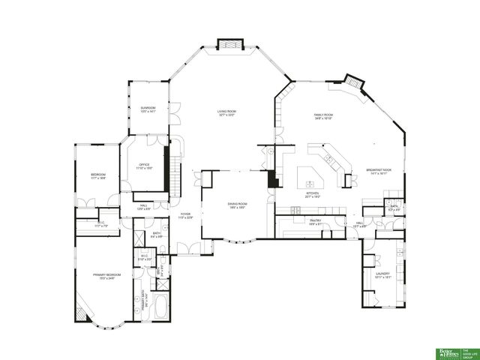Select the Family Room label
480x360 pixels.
(322, 115)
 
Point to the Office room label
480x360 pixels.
(145, 166)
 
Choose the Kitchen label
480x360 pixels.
(312, 194)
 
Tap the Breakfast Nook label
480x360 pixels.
(376, 171)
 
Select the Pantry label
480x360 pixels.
(315, 221)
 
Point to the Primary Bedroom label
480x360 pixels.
(103, 276)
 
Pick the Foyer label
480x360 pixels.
(184, 216)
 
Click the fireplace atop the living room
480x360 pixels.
(229, 44)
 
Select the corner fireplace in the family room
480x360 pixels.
(354, 82)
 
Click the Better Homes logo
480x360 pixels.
(445, 352)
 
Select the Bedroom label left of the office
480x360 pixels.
(97, 178)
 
